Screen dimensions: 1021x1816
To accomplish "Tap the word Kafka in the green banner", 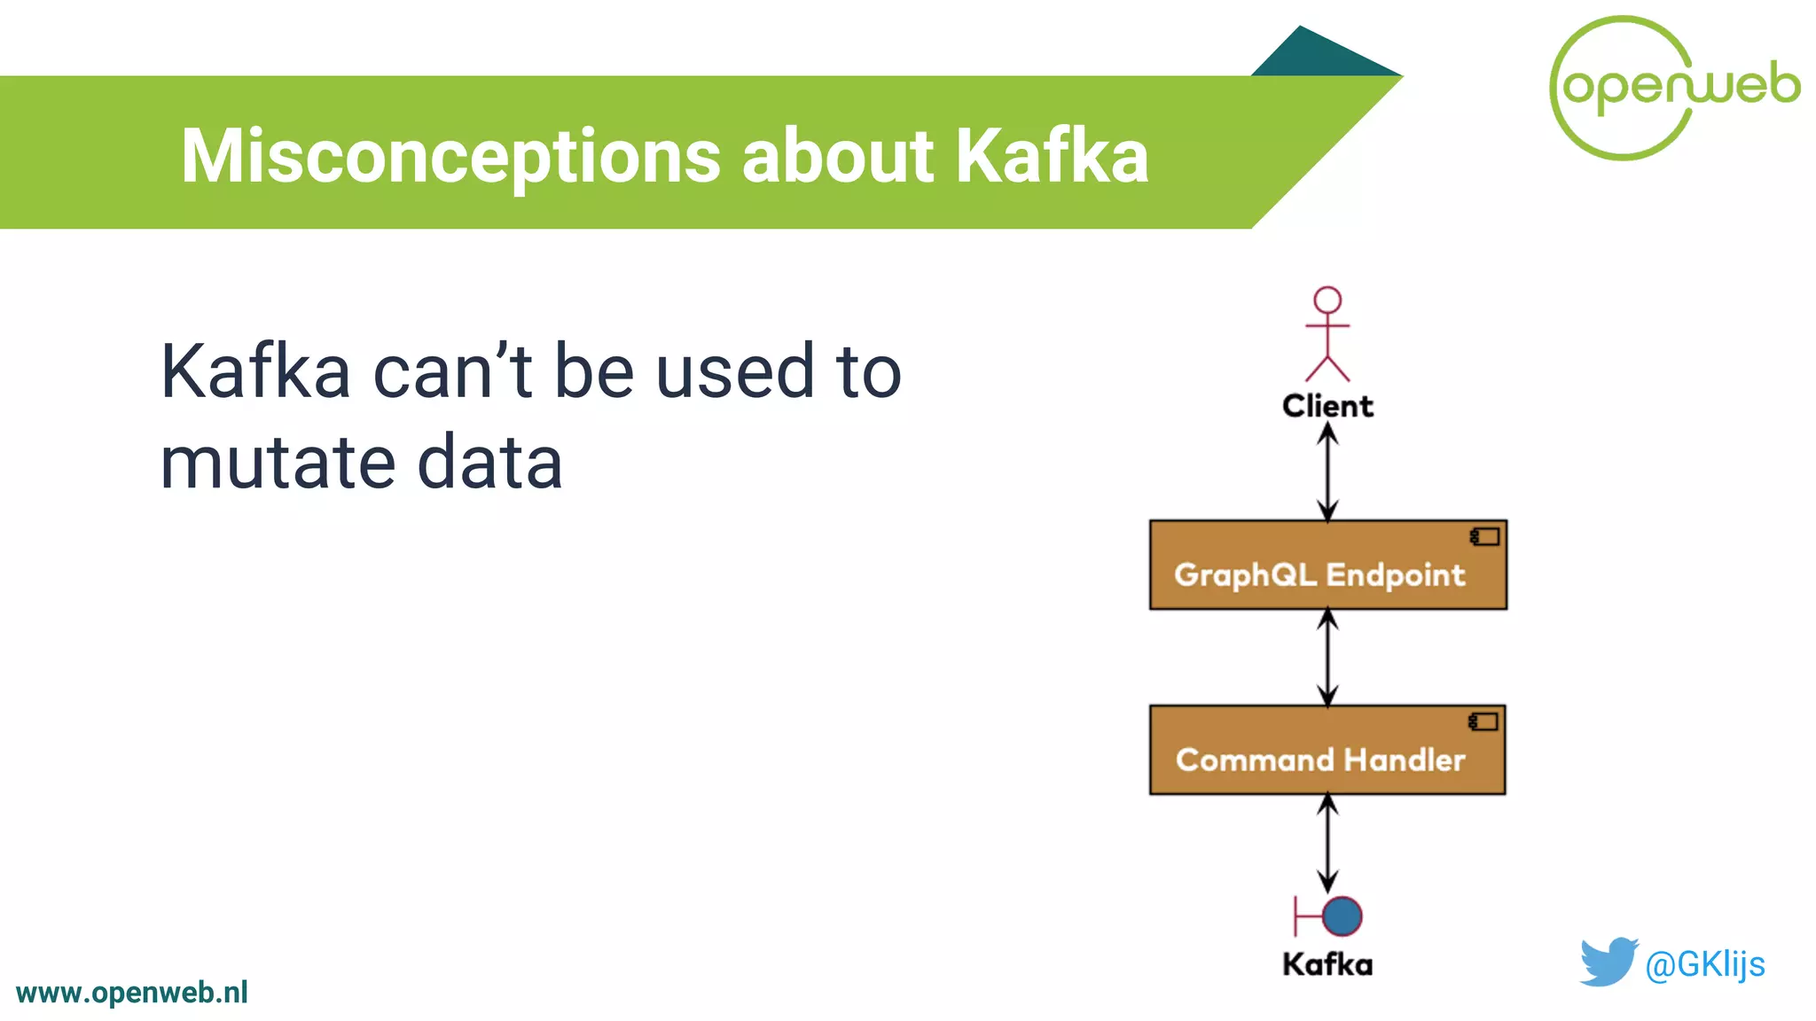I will click(1052, 156).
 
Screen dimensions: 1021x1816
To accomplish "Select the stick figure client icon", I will click(1327, 333).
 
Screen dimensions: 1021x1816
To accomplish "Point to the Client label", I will click(1327, 406).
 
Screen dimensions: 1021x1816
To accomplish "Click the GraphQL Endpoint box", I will click(1327, 565).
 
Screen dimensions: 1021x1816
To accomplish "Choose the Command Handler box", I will click(1327, 751).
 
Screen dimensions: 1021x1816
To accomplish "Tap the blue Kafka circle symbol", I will click(1342, 916).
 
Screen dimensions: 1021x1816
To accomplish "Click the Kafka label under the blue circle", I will click(1327, 964).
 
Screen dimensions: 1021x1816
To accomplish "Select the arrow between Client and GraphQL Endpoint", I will click(1327, 472).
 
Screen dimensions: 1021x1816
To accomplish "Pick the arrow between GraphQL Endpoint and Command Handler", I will click(1327, 658).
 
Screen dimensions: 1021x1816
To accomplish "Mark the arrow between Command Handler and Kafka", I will click(1327, 843).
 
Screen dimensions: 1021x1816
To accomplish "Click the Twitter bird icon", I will click(1608, 962).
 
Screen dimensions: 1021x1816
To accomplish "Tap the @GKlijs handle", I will click(1704, 964).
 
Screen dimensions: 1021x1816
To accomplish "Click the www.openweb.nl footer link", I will click(132, 993).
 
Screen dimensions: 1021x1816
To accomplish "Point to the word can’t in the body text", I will click(452, 371).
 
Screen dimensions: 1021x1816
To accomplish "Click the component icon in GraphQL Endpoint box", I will click(1484, 536).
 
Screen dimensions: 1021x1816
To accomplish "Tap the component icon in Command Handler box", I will click(1483, 721).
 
